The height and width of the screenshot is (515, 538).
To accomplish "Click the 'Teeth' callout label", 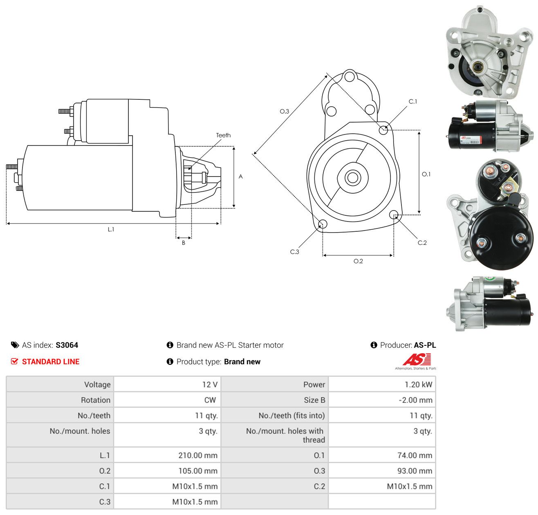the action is tap(223, 135).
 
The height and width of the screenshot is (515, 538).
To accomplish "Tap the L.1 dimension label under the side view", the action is tap(111, 229).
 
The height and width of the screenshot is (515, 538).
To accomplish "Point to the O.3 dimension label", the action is tap(284, 111).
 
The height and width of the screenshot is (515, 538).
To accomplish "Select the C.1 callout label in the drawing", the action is tap(412, 101).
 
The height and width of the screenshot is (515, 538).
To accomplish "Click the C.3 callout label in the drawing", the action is tap(294, 251).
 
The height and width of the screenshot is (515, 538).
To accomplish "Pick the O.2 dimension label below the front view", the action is tap(358, 261).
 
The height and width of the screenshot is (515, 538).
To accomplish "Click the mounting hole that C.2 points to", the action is tap(394, 214).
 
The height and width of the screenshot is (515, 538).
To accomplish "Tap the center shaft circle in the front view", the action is tap(352, 178).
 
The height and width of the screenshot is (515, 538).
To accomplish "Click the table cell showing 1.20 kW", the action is tap(382, 384).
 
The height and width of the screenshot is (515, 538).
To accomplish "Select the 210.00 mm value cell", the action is tap(167, 455).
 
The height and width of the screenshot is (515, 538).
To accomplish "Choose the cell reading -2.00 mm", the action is tap(382, 400).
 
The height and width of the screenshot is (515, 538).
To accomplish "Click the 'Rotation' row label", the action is tap(95, 400).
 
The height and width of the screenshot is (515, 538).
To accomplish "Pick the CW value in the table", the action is tap(210, 400).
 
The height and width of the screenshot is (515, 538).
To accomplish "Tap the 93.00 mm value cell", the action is tap(382, 470).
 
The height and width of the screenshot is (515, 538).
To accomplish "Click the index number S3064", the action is tap(67, 345).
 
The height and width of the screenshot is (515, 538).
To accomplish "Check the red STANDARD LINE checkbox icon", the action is tap(14, 361).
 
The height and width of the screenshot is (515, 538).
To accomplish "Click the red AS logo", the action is tap(416, 359).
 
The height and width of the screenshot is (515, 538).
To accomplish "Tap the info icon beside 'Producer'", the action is tap(374, 345).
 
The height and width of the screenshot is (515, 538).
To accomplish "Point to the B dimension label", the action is tap(183, 243).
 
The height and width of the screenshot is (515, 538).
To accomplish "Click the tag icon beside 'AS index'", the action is tap(15, 345).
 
